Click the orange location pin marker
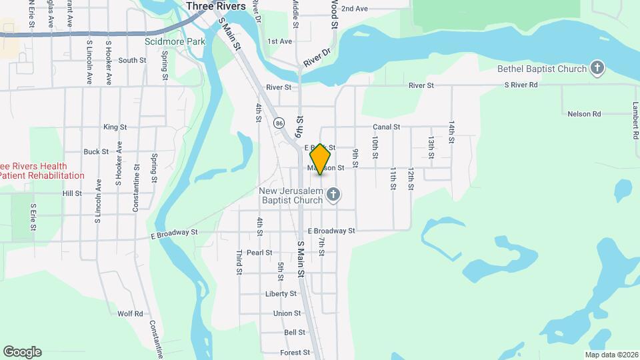pos(321,159)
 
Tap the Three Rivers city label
pos(216,6)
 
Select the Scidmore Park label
pos(175,41)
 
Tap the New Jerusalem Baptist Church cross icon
pos(334,195)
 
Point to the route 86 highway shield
pos(278,123)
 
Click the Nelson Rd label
pos(584,114)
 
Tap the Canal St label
pos(386,127)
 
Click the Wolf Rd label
pos(130,313)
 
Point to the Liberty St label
pos(281,293)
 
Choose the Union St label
pos(287,313)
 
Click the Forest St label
pos(295,352)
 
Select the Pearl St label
pos(259,253)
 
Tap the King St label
pos(115,127)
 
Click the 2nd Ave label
pos(354,9)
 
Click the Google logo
pos(22,352)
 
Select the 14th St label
pos(451,132)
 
